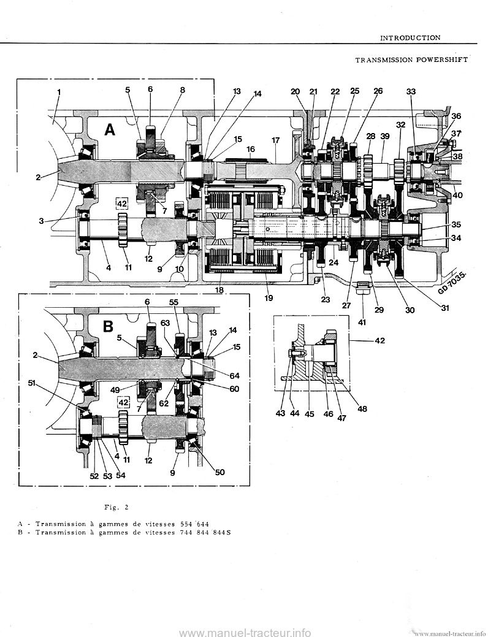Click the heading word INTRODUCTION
tap(410, 38)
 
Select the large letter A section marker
tap(110, 129)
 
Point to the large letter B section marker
tap(108, 326)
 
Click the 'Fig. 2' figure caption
tap(116, 507)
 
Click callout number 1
tap(59, 92)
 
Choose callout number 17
tap(276, 140)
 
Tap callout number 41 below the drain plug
tap(362, 322)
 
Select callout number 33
tap(411, 92)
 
